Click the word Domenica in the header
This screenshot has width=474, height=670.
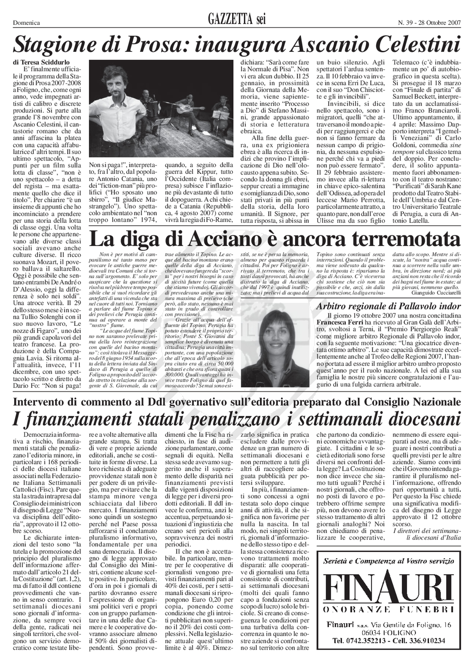[x=26, y=23]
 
